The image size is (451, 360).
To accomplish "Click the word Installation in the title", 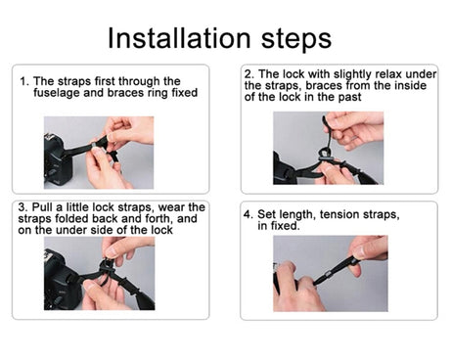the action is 179,38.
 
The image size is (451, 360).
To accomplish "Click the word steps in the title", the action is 296,39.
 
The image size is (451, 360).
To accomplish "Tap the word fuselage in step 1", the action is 57,93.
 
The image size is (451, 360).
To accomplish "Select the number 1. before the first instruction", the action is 24,81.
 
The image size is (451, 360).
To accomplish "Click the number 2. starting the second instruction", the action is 249,74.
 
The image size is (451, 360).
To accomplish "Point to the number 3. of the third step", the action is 23,207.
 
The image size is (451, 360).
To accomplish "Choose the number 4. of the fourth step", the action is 248,214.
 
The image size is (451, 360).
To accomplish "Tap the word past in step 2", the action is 349,98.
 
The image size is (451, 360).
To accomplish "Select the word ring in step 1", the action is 158,94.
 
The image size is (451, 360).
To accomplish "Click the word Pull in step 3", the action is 42,207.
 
